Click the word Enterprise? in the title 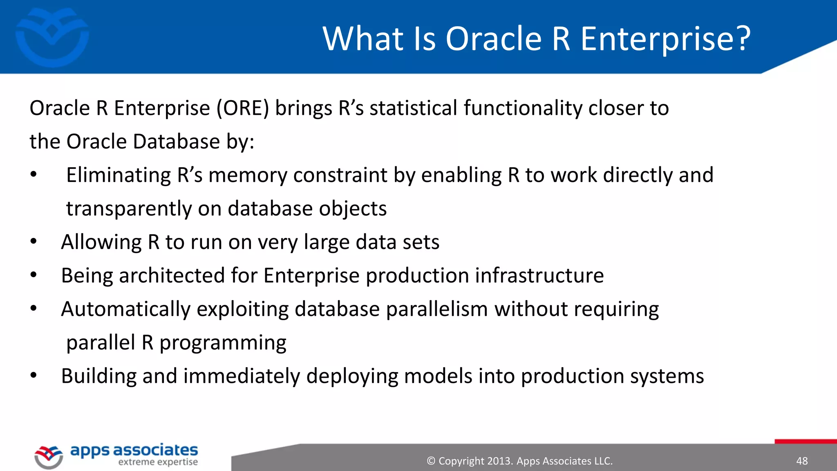tap(665, 39)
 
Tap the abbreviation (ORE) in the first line tap(243, 108)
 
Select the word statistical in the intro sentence tap(413, 108)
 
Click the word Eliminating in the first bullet tap(119, 175)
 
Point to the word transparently tap(129, 209)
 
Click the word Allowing tap(101, 242)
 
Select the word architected tap(172, 276)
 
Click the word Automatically tap(125, 310)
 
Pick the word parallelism tap(436, 310)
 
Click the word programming tap(223, 343)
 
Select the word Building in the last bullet tap(98, 376)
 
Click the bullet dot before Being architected tap(34, 275)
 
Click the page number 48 tap(802, 461)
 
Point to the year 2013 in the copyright tap(499, 461)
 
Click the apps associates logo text tap(134, 451)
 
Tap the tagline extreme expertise tap(158, 462)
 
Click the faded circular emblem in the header tap(52, 37)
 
